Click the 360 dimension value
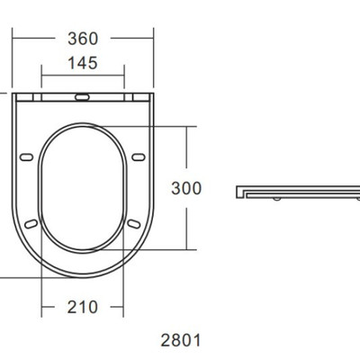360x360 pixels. click(x=83, y=39)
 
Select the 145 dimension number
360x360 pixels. click(x=83, y=63)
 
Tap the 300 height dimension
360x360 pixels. click(x=186, y=188)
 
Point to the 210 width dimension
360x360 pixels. click(x=83, y=307)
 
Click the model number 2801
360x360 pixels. click(x=181, y=340)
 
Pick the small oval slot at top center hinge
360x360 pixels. click(x=82, y=97)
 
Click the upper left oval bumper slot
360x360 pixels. click(x=26, y=157)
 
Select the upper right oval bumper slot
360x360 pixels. click(x=139, y=157)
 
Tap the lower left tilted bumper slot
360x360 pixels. click(x=31, y=224)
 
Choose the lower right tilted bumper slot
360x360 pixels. click(x=134, y=224)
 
